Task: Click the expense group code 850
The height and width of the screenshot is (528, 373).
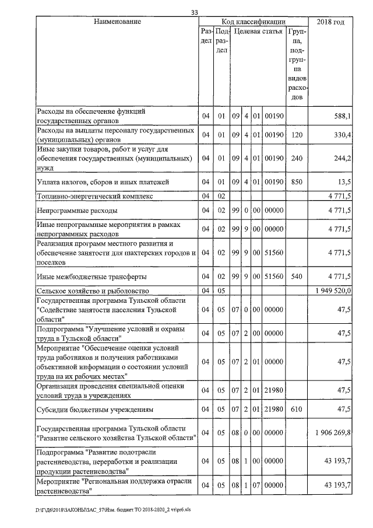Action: (297, 182)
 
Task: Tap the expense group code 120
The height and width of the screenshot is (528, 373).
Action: (297, 135)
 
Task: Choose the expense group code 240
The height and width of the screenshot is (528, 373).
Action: (297, 159)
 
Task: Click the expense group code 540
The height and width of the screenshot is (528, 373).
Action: (297, 275)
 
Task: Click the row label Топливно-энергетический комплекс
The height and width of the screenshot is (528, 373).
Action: (94, 196)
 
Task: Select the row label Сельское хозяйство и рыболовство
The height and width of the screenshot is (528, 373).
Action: (92, 290)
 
